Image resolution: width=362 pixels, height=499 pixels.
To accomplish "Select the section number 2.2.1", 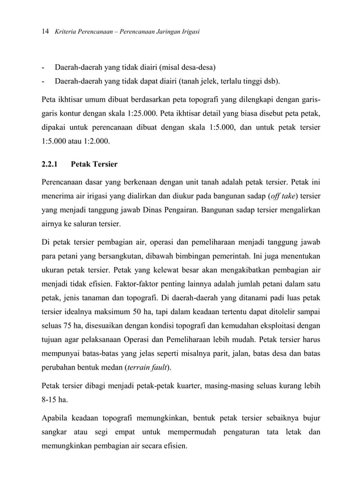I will (51, 164).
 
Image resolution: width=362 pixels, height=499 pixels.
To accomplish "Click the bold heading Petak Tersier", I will (95, 164).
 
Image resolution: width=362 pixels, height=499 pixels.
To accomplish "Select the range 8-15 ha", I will (54, 400).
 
